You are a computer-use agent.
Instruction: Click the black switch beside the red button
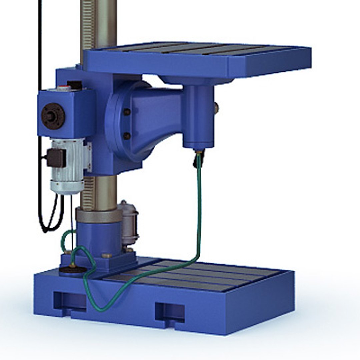pos(74,85)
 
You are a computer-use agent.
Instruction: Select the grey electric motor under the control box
pos(68,167)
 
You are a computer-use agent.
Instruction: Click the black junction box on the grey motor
pos(56,157)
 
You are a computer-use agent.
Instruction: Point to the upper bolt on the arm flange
pos(127,112)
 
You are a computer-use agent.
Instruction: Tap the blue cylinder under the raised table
pos(199,117)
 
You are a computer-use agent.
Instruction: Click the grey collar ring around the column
pos(99,215)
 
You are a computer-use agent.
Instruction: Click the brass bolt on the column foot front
pos(106,255)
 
